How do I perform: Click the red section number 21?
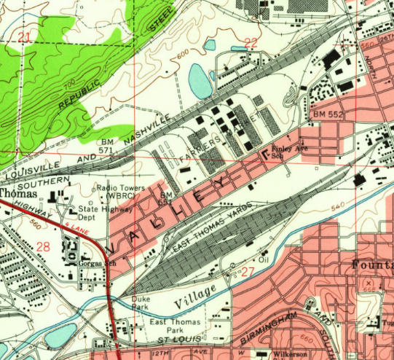tap(25, 38)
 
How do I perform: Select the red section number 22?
tap(251, 43)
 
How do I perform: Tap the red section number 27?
tap(248, 272)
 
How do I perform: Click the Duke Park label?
tap(141, 303)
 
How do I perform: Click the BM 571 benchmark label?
tap(108, 144)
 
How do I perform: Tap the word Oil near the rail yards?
tap(264, 259)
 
